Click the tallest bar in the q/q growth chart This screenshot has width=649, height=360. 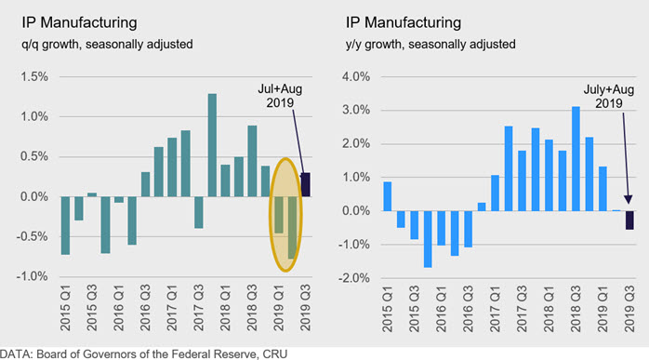[x=212, y=145]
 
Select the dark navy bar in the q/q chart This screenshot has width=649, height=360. [x=306, y=184]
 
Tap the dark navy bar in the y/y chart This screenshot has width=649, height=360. [x=629, y=220]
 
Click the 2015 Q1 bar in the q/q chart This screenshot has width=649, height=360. [x=65, y=225]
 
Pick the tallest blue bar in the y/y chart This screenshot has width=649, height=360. [x=576, y=159]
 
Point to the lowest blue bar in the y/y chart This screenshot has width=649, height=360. [x=428, y=239]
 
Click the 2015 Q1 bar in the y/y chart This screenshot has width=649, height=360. [x=388, y=196]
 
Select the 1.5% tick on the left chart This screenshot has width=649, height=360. [x=34, y=76]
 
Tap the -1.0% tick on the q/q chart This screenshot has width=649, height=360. [x=33, y=276]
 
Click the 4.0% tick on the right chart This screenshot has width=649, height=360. [x=356, y=76]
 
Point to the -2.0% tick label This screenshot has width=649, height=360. [x=354, y=278]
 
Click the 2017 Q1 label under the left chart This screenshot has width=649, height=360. [x=172, y=307]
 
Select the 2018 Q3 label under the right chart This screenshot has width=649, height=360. [x=576, y=309]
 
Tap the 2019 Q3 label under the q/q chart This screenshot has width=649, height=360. [x=306, y=307]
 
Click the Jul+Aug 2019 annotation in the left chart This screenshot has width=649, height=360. [x=280, y=96]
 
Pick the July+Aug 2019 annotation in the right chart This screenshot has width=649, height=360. [x=609, y=96]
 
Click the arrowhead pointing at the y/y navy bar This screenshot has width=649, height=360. [x=629, y=199]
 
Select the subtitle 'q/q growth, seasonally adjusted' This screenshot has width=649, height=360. [x=107, y=45]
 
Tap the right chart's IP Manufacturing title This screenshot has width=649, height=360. [x=404, y=22]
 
